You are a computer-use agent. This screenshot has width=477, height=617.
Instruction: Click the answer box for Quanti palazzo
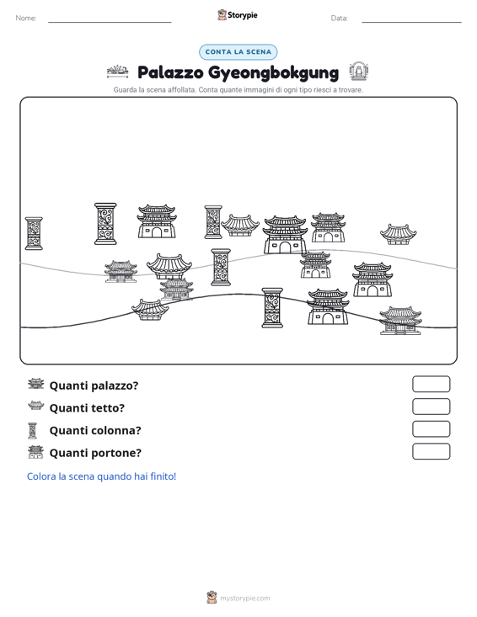431,384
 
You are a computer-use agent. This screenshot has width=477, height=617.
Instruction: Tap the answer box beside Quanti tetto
431,407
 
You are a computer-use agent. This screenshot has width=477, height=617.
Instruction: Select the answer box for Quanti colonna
431,429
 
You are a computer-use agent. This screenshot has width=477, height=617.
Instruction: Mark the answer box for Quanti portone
431,451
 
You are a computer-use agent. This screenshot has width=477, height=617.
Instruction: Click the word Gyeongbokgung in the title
273,72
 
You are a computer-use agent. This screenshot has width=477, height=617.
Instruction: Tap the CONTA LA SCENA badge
238,52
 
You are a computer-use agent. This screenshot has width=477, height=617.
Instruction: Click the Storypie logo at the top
238,15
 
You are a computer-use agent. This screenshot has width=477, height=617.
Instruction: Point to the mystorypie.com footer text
244,598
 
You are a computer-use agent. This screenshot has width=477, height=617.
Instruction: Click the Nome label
26,19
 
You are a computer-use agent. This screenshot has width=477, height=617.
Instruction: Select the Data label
339,19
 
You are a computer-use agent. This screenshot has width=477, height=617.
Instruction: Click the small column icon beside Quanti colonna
33,430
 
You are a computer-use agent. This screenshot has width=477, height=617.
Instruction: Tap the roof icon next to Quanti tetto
36,405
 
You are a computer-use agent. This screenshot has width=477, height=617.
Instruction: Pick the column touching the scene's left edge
34,233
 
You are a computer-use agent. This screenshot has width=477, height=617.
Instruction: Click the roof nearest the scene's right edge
399,234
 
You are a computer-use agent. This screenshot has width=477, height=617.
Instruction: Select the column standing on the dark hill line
272,308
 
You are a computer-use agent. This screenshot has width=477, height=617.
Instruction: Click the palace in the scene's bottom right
400,321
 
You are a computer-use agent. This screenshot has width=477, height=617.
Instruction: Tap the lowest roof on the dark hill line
150,309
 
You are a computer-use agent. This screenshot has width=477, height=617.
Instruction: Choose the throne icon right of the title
358,72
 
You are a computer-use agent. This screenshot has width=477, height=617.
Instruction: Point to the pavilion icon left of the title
118,72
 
